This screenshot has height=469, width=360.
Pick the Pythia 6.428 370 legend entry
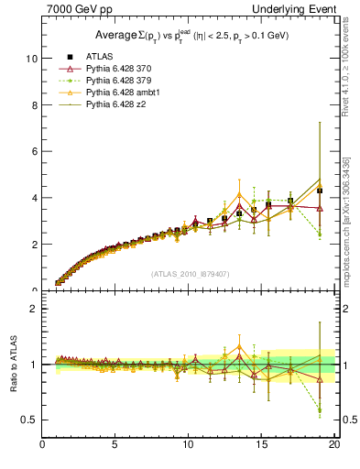(x=109, y=69)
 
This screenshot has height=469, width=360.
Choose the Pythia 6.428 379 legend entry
(x=109, y=81)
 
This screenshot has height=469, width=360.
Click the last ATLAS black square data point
(x=319, y=191)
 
